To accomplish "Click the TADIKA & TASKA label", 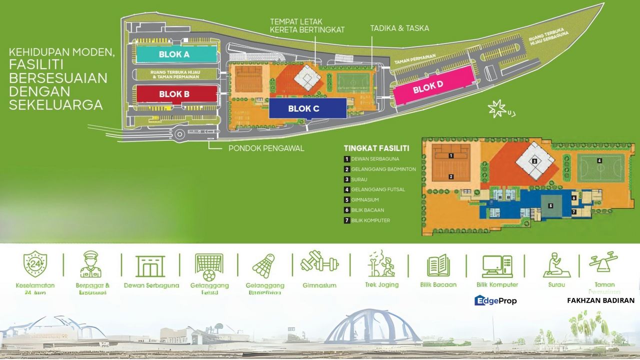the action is click(399, 28).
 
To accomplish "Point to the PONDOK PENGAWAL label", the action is click(266, 148).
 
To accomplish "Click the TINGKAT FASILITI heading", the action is click(376, 148).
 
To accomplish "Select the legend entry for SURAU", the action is click(358, 179).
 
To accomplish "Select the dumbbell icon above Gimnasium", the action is click(319, 263).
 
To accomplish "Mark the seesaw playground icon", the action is click(603, 262).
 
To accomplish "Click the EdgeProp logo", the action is click(495, 300).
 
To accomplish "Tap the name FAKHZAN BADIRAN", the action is click(600, 300).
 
